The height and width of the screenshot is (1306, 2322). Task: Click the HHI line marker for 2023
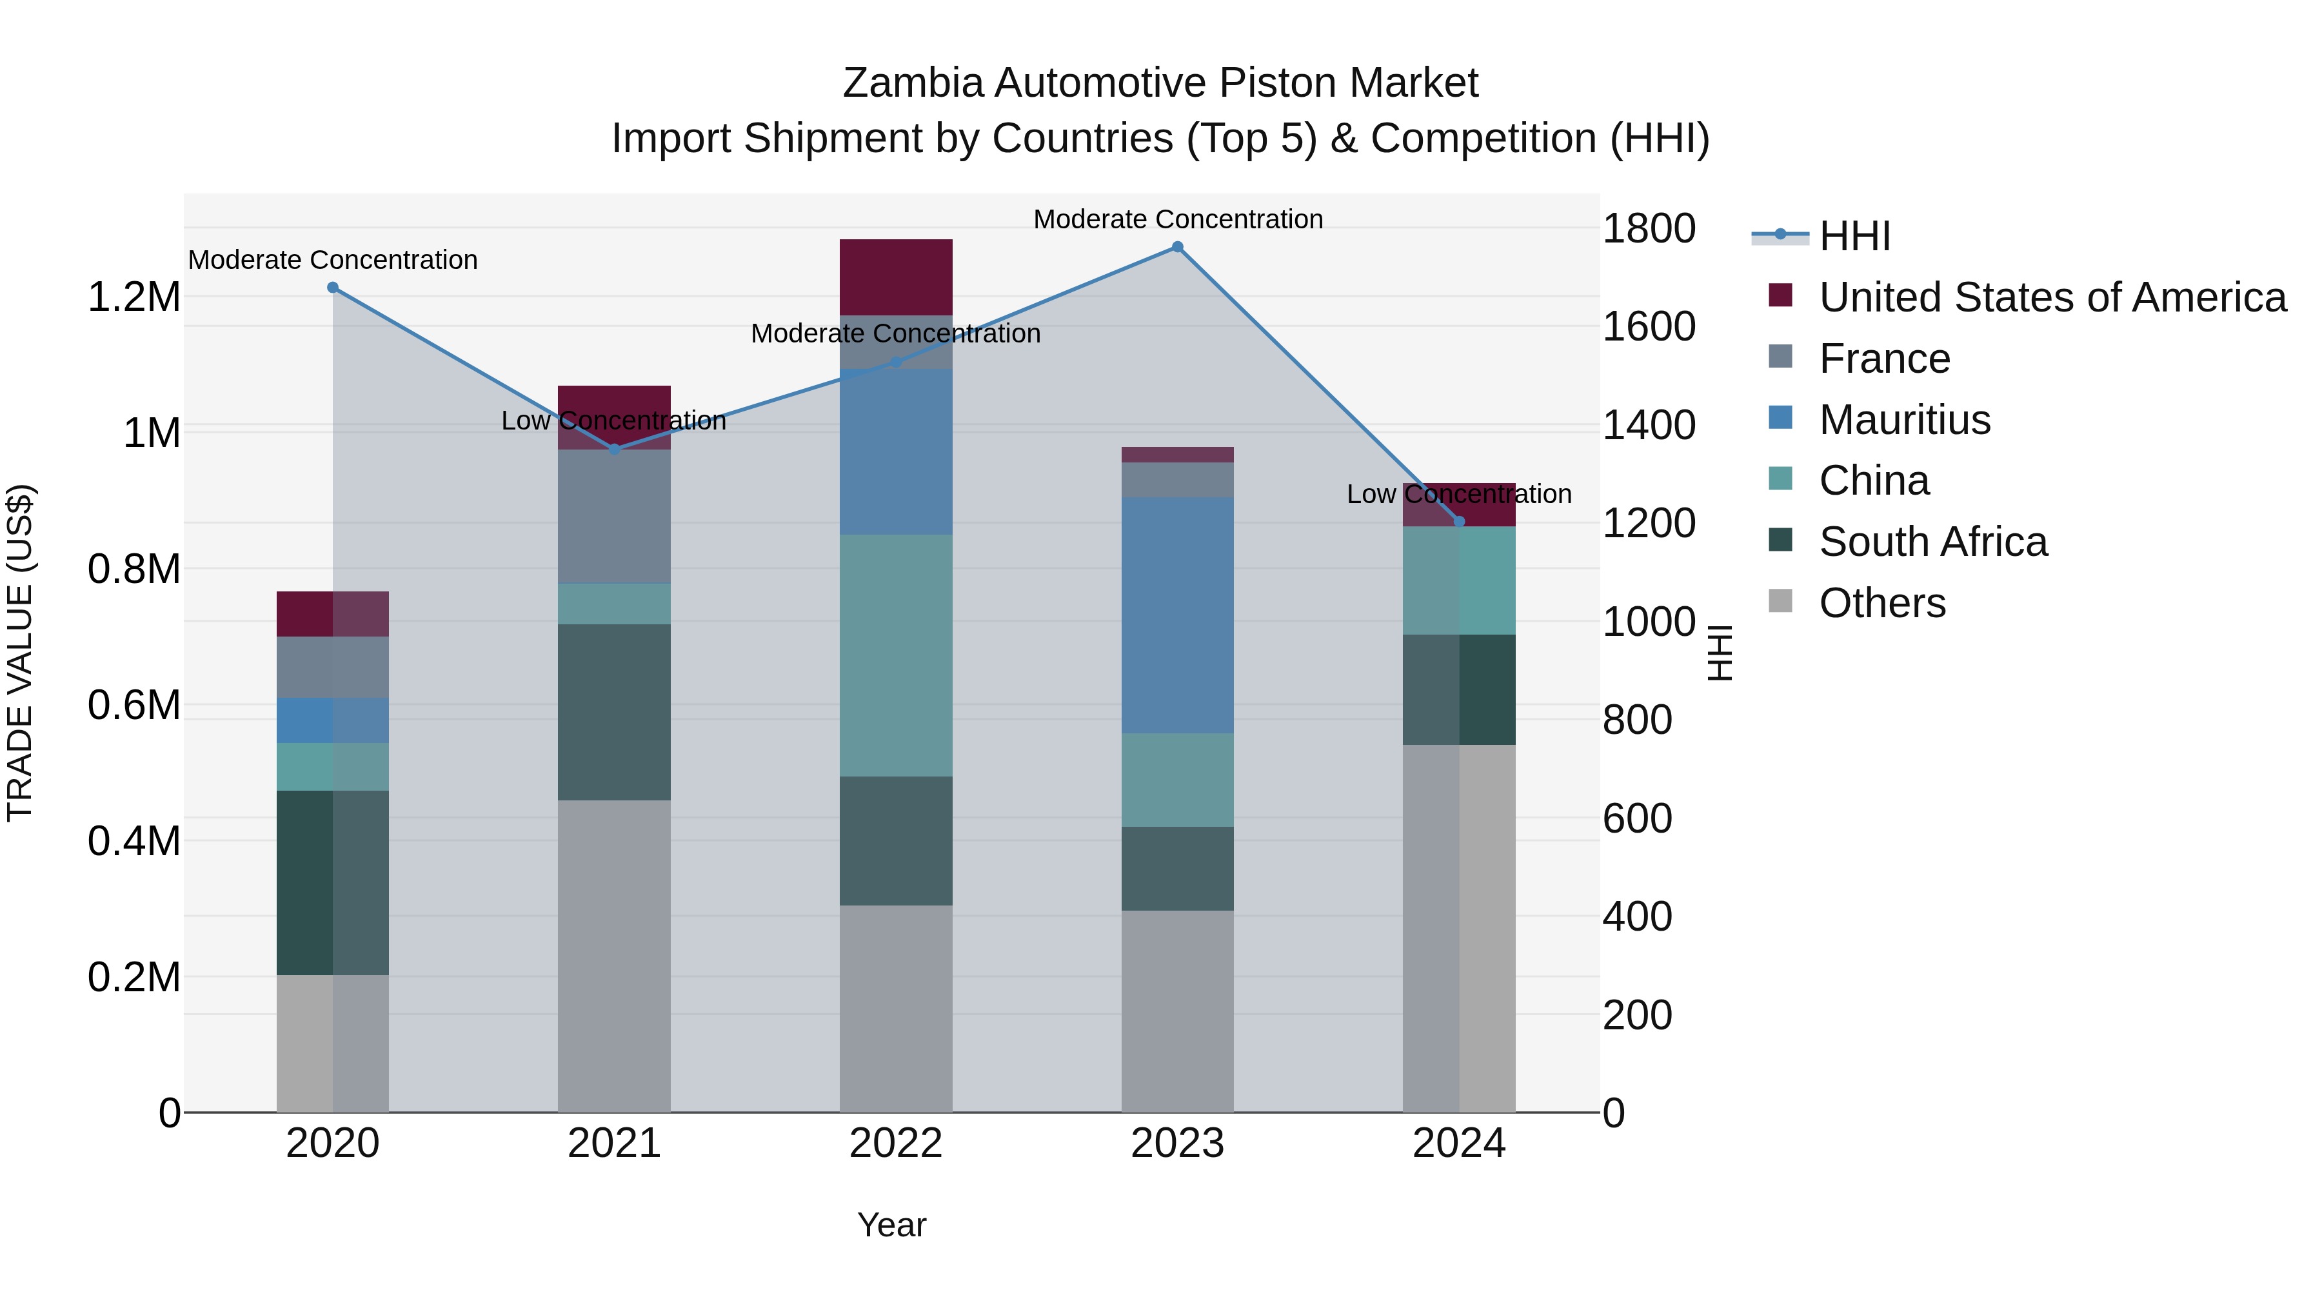pyautogui.click(x=1177, y=247)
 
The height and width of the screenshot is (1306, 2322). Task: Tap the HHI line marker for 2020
pyautogui.click(x=333, y=288)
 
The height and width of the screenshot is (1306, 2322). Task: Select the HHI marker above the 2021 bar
pyautogui.click(x=615, y=449)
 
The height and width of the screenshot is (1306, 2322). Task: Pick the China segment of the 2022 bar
pyautogui.click(x=896, y=655)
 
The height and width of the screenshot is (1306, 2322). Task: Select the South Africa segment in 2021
pyautogui.click(x=614, y=712)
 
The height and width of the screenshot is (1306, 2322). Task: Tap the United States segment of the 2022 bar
pyautogui.click(x=896, y=277)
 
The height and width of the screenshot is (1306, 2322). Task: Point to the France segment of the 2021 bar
pyautogui.click(x=614, y=517)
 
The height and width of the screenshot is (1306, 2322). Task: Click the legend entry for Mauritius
pyautogui.click(x=1904, y=420)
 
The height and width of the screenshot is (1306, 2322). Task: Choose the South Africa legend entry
pyautogui.click(x=1932, y=542)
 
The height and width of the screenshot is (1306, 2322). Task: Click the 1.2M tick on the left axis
pyautogui.click(x=134, y=297)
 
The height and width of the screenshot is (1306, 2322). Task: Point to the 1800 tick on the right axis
pyautogui.click(x=1648, y=229)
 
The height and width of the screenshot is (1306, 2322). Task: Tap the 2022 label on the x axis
pyautogui.click(x=895, y=1143)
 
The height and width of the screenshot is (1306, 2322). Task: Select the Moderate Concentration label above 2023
pyautogui.click(x=1177, y=219)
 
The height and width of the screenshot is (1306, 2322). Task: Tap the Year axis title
pyautogui.click(x=891, y=1225)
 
